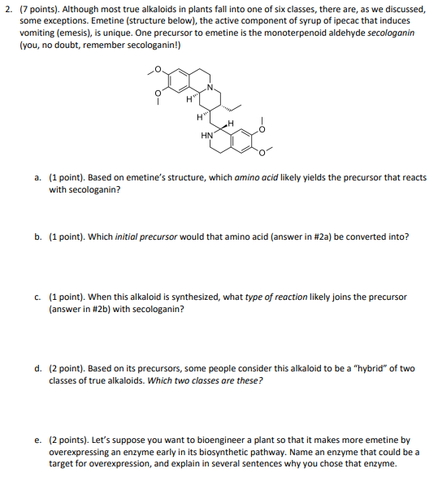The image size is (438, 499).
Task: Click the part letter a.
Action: click(x=37, y=177)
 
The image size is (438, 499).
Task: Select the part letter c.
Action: click(x=37, y=297)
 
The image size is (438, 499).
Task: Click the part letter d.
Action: click(x=37, y=368)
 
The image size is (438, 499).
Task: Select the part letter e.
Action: click(x=37, y=440)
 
